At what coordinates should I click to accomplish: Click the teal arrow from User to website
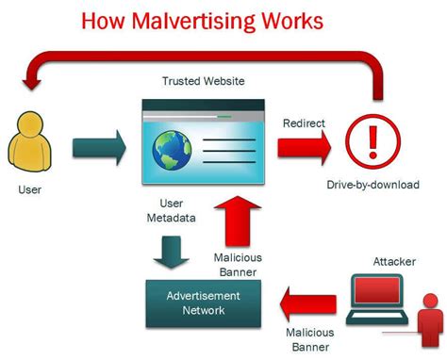click(98, 147)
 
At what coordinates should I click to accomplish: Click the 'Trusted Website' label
click(204, 82)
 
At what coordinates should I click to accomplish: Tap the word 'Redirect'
click(305, 123)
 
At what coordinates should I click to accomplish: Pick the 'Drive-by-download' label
click(372, 185)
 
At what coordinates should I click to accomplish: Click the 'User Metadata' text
click(170, 211)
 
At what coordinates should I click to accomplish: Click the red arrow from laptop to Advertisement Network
click(308, 303)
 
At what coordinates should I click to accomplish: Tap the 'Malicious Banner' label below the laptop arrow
click(310, 340)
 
